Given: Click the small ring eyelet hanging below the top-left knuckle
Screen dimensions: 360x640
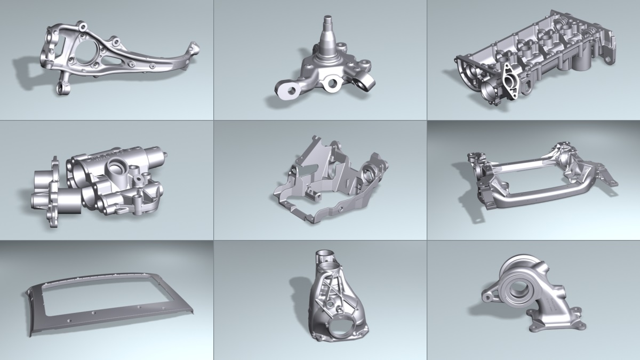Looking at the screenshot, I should [x=62, y=87].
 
